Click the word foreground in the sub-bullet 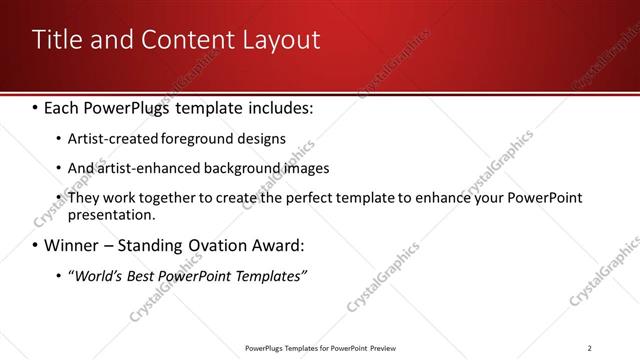(202, 138)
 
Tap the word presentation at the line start (111, 215)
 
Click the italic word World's (95, 276)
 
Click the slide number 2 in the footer (590, 348)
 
